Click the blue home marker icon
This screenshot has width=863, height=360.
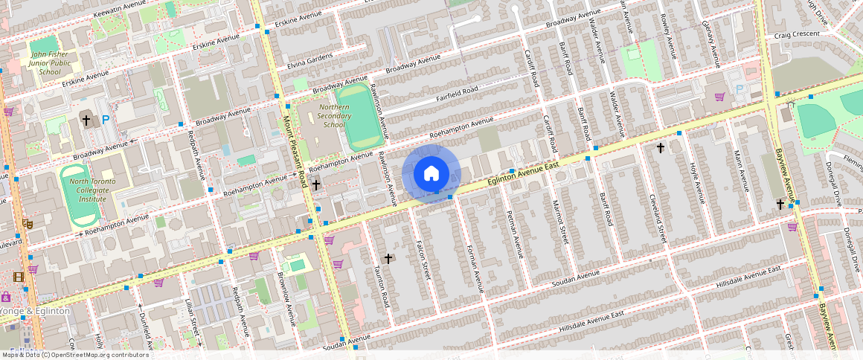(431, 174)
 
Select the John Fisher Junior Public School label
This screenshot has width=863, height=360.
(50, 63)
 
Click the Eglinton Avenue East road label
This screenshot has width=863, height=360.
(518, 170)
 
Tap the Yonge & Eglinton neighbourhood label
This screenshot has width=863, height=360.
(35, 311)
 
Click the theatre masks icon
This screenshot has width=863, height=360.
(28, 222)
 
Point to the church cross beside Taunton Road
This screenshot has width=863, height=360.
(388, 258)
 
